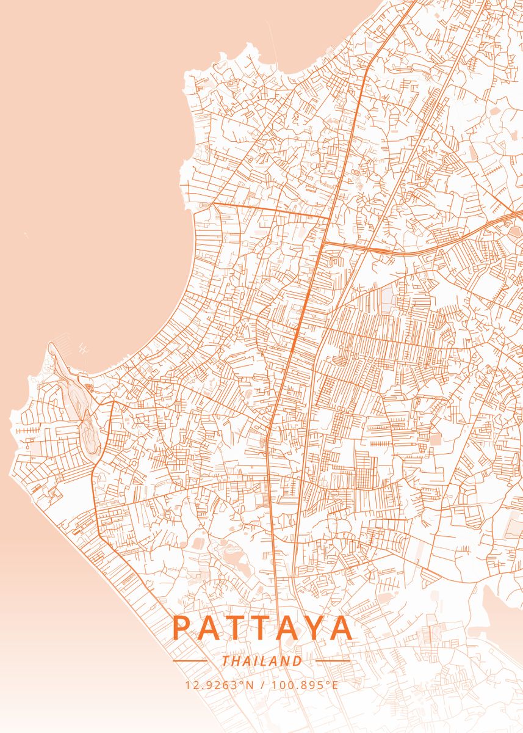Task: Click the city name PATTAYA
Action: click(x=263, y=628)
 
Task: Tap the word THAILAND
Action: click(x=262, y=661)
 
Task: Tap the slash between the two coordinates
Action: click(x=262, y=685)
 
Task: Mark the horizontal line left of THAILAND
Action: click(x=190, y=661)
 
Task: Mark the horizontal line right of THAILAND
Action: click(x=333, y=661)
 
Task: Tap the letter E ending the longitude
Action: click(x=334, y=685)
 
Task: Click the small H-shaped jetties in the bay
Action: click(x=84, y=350)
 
